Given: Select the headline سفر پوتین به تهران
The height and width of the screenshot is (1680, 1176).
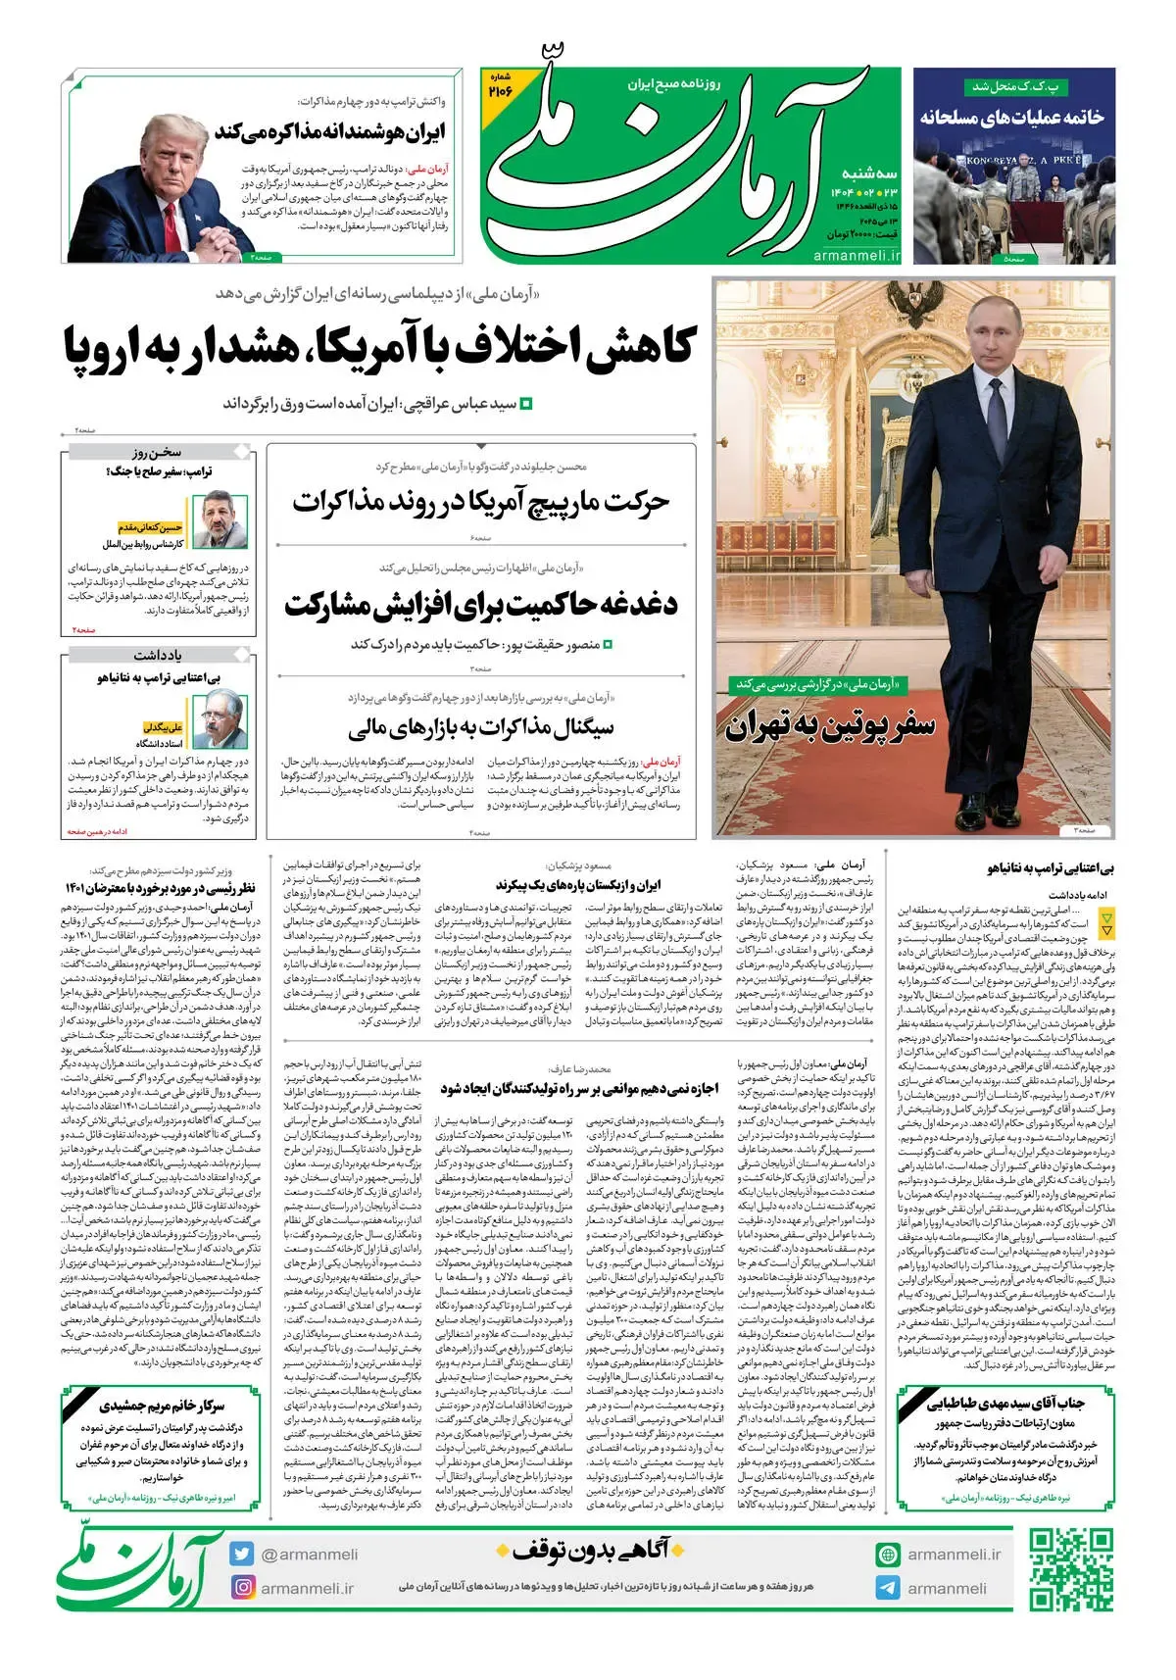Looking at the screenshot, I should [830, 727].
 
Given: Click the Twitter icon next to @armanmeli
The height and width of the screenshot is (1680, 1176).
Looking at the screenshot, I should [241, 1554].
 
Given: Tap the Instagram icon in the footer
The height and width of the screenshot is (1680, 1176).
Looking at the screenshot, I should [241, 1586].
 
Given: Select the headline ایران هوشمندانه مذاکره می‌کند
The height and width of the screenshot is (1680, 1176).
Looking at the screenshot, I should [330, 132].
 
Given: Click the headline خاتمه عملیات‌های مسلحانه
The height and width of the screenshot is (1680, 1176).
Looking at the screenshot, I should [1011, 117].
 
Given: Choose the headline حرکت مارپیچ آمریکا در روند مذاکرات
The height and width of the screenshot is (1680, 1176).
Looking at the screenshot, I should [480, 501].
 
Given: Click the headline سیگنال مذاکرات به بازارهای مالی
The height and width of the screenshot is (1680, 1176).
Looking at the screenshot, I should [480, 727].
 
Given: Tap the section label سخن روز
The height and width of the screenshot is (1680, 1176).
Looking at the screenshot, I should [158, 452].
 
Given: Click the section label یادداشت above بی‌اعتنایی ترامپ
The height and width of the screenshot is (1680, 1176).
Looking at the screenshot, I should [158, 654].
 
